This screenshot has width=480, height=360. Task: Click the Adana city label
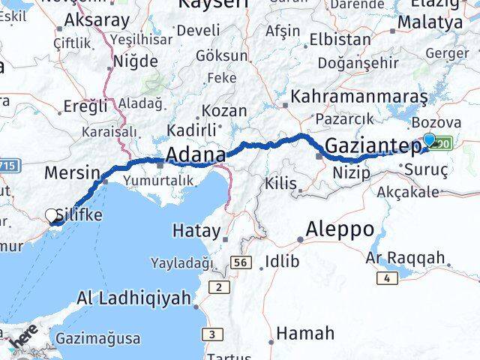[x=195, y=155]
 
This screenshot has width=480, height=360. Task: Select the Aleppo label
[x=340, y=229]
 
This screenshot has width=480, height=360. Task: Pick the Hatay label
[x=196, y=230]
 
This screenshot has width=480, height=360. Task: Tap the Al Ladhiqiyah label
[x=133, y=298]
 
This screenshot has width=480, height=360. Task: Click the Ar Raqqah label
[x=406, y=259]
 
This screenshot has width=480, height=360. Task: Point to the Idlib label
[x=282, y=262]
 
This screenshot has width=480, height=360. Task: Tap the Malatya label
[x=430, y=22]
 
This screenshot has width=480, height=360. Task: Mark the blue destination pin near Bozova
[x=430, y=139]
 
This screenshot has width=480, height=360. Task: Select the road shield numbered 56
[x=240, y=262]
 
